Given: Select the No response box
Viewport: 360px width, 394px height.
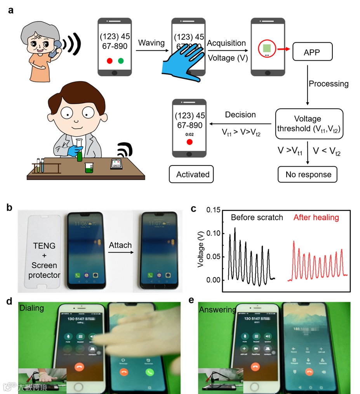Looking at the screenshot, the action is [308, 174].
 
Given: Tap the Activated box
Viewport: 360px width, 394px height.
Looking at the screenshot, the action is [193, 174].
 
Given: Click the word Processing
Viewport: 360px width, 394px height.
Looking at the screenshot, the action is [328, 84].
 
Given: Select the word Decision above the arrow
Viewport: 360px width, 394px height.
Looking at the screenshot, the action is [240, 115].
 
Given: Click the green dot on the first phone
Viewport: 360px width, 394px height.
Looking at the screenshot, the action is [121, 61].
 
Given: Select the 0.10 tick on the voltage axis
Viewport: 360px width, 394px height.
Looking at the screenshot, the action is [214, 233].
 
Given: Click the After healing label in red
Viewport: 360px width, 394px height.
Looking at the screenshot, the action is [316, 218].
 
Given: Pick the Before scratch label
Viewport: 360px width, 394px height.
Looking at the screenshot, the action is [257, 218].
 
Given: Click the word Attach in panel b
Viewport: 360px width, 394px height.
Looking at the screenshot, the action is [120, 245].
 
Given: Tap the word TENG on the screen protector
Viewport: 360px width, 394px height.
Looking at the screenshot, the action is [42, 245].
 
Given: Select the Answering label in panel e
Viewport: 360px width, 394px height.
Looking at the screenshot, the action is [217, 309].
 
